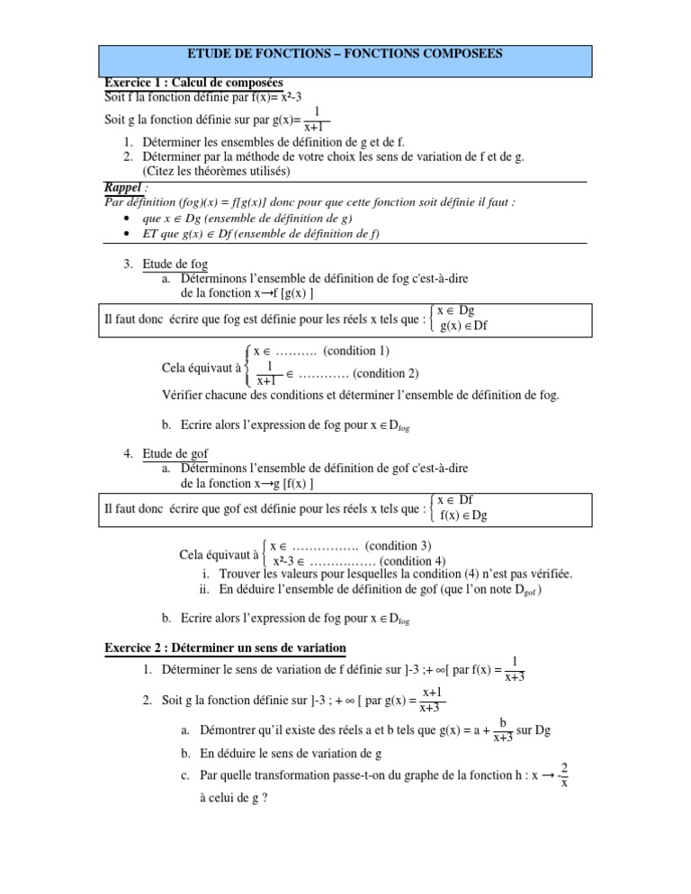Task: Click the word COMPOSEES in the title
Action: pos(462,54)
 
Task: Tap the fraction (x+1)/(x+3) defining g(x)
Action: pos(431,699)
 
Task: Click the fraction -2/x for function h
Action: pos(562,775)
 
